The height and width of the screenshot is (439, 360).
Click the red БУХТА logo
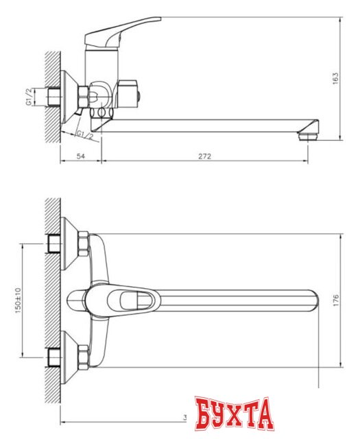[x=234, y=414]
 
